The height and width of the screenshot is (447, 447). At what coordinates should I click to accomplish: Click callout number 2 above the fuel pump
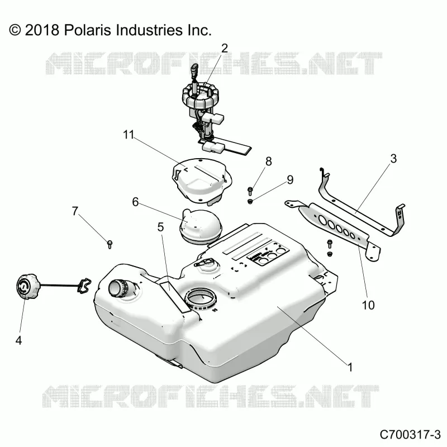[x=225, y=49]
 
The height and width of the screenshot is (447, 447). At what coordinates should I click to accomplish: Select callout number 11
[x=129, y=135]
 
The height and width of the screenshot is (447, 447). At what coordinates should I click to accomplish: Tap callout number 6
[x=135, y=202]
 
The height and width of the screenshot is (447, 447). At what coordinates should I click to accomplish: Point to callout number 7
[x=75, y=211]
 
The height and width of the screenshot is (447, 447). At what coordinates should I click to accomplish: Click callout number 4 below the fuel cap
[x=18, y=340]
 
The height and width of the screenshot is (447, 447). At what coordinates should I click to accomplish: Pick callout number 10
[x=368, y=305]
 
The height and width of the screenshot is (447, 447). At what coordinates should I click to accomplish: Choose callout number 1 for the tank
[x=350, y=367]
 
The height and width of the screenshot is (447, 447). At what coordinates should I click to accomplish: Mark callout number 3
[x=393, y=159]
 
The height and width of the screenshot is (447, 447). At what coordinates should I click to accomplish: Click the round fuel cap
[x=26, y=286]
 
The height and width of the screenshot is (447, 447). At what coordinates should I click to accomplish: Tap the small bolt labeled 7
[x=110, y=244]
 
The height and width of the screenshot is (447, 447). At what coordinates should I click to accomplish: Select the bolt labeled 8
[x=250, y=191]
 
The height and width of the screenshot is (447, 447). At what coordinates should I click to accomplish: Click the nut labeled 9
[x=250, y=202]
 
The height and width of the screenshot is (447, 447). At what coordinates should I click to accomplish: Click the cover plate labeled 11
[x=202, y=181]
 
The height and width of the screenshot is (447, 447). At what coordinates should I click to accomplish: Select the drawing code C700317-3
[x=410, y=435]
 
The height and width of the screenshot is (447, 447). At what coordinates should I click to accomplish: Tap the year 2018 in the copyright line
[x=42, y=30]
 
